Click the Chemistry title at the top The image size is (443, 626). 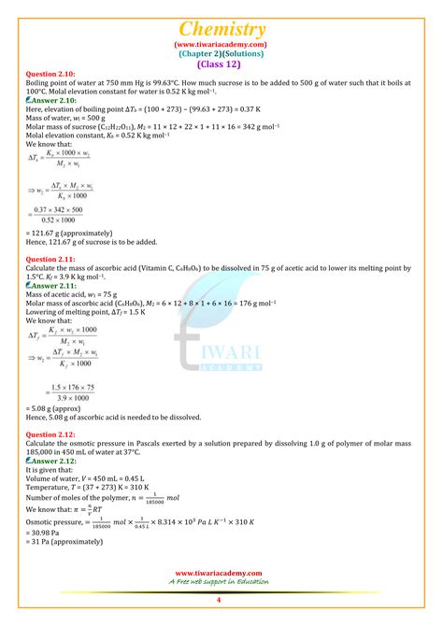coord(221,30)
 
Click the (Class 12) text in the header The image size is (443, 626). coord(221,64)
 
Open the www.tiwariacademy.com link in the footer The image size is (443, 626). coord(219,574)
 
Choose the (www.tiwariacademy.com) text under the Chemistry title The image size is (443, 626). coord(221,44)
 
